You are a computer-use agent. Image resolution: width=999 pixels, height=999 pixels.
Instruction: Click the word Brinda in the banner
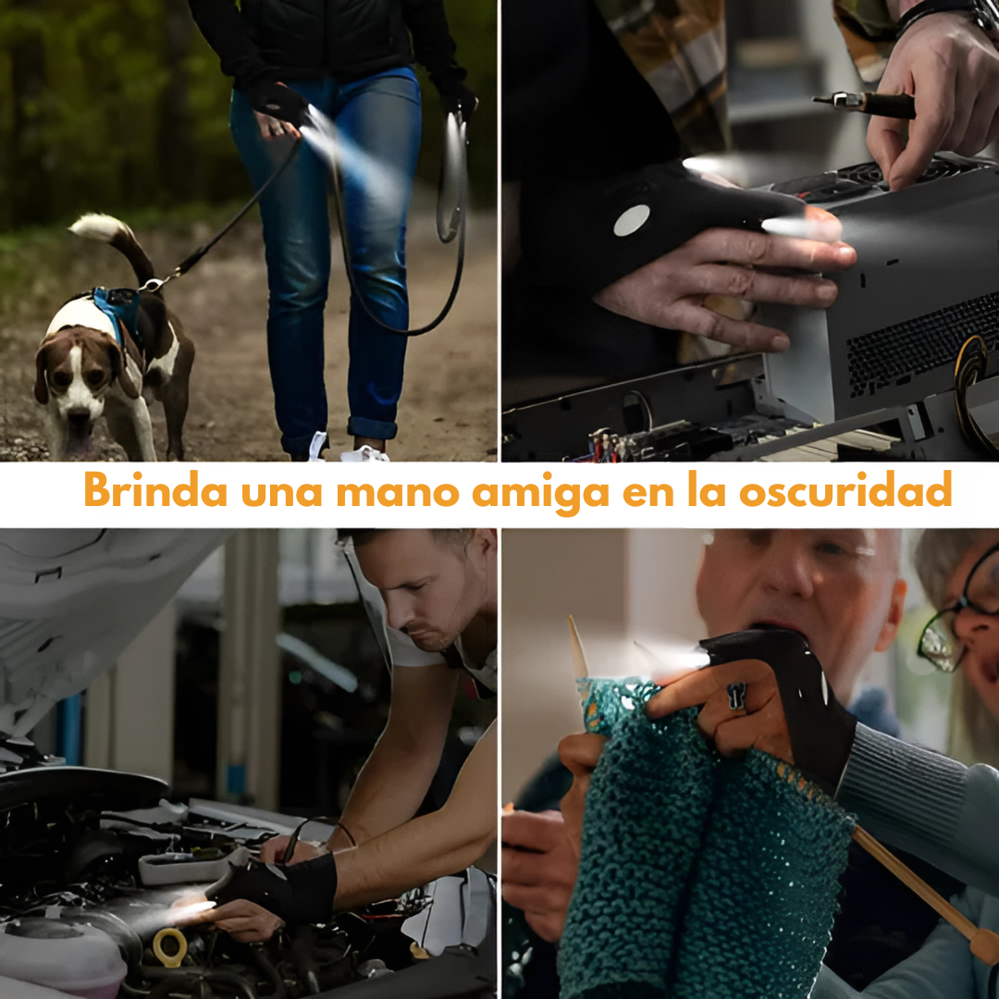[155, 490]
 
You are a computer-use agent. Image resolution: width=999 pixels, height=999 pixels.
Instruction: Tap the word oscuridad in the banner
[845, 490]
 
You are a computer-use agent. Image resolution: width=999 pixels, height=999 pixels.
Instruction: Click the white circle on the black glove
[632, 220]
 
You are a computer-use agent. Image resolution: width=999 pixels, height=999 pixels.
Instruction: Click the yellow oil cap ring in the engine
[170, 948]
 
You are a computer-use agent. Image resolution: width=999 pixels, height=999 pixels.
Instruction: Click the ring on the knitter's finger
[736, 696]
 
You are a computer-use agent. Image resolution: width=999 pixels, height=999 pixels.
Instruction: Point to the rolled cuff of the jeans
[372, 427]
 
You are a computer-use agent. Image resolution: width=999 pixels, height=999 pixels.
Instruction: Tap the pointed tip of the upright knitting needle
[572, 618]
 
